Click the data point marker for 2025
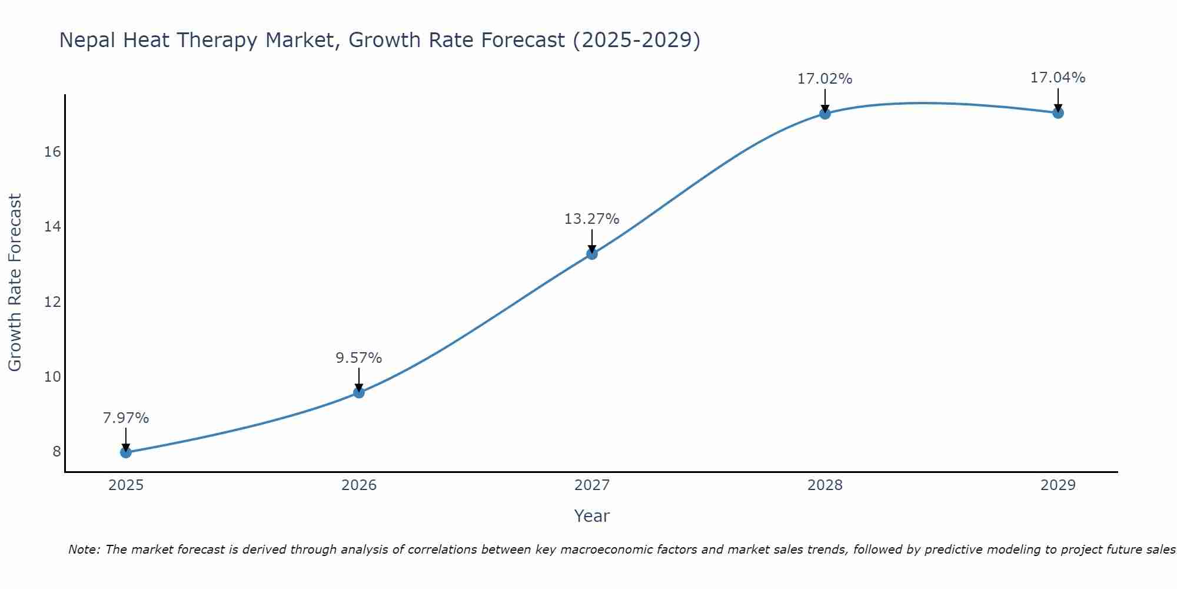(x=126, y=452)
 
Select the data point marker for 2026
(x=359, y=392)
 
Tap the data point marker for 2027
(x=592, y=254)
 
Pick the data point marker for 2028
(x=825, y=114)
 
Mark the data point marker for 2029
(x=1058, y=113)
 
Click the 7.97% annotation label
(x=126, y=418)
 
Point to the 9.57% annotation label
(x=359, y=358)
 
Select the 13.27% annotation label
(x=592, y=219)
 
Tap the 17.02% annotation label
(x=825, y=79)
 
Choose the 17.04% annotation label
(x=1058, y=78)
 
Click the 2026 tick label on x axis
(x=359, y=485)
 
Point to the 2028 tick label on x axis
(x=825, y=485)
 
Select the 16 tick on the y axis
(x=52, y=152)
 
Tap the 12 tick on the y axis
(x=52, y=302)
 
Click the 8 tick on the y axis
(x=56, y=452)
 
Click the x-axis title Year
(x=592, y=516)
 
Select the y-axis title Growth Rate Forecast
(x=15, y=283)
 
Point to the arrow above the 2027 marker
(x=592, y=241)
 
